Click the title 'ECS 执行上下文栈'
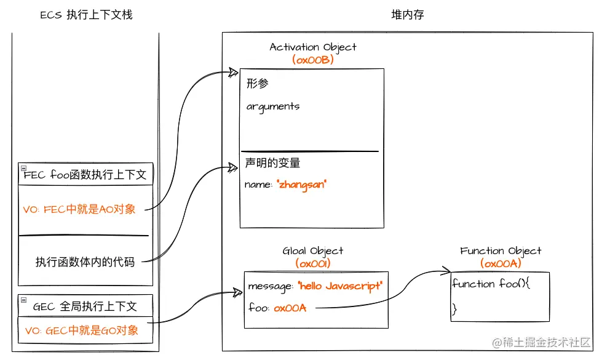pyautogui.click(x=86, y=15)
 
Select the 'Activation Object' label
pyautogui.click(x=313, y=47)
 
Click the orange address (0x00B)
pyautogui.click(x=313, y=60)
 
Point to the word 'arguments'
pyautogui.click(x=273, y=106)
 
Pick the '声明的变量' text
pyautogui.click(x=273, y=163)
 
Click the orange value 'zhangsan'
pyautogui.click(x=303, y=185)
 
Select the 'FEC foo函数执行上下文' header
pyautogui.click(x=85, y=175)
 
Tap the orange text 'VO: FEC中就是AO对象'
pyautogui.click(x=79, y=209)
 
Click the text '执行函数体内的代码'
pyautogui.click(x=85, y=262)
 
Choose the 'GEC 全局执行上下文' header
pyautogui.click(x=85, y=306)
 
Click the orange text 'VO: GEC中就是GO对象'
pyautogui.click(x=82, y=330)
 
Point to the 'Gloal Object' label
pyautogui.click(x=313, y=251)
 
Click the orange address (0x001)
pyautogui.click(x=313, y=263)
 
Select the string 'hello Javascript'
pyautogui.click(x=340, y=286)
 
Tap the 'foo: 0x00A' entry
pyautogui.click(x=277, y=308)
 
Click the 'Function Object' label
pyautogui.click(x=501, y=251)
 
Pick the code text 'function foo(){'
pyautogui.click(x=491, y=284)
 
